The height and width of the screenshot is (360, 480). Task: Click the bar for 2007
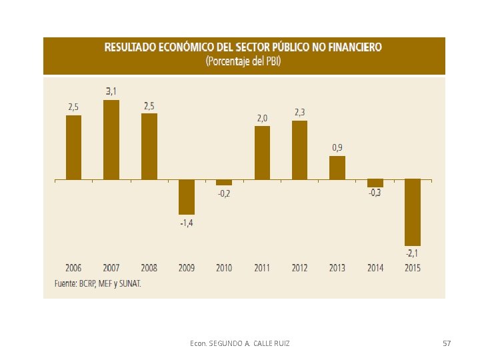pos(111,139)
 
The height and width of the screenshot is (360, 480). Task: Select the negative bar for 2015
pos(413,213)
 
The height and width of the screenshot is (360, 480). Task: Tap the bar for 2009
pos(187,197)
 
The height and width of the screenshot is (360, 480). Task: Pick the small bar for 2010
pos(224,183)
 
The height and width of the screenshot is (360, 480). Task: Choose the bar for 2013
pos(337,168)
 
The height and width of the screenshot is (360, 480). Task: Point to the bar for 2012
pos(300,150)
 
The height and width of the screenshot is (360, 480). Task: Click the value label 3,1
pos(111,91)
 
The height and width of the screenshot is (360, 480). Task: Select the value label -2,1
pos(412,253)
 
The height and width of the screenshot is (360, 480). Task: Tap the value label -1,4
pos(187,223)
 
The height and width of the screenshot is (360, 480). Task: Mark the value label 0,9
pos(337,148)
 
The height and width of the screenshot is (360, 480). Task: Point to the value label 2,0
pos(262,118)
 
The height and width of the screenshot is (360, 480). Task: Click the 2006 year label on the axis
pos(73,268)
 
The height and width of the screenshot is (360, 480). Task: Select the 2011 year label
pos(262,268)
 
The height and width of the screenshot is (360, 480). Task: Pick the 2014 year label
pos(375,268)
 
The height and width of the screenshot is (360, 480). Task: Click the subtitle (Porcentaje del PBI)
pos(243,61)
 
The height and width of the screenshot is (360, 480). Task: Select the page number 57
pos(447,343)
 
